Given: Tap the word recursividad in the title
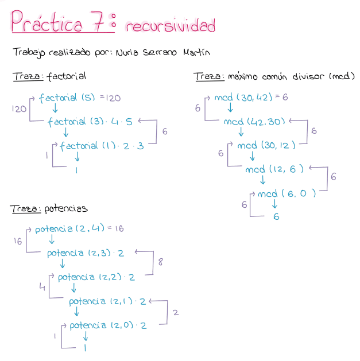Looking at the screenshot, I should click(x=170, y=26).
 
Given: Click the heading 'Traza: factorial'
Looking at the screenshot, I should click(x=49, y=76).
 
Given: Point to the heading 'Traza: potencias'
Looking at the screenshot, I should click(x=49, y=208).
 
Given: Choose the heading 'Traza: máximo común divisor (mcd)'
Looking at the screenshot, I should click(x=274, y=76).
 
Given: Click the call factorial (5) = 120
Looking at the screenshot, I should click(x=80, y=98).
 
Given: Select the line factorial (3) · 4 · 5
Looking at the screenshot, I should click(x=90, y=122).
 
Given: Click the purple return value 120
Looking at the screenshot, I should click(x=18, y=108).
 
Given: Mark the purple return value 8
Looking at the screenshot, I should click(x=161, y=263).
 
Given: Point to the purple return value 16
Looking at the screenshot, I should click(x=18, y=242).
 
